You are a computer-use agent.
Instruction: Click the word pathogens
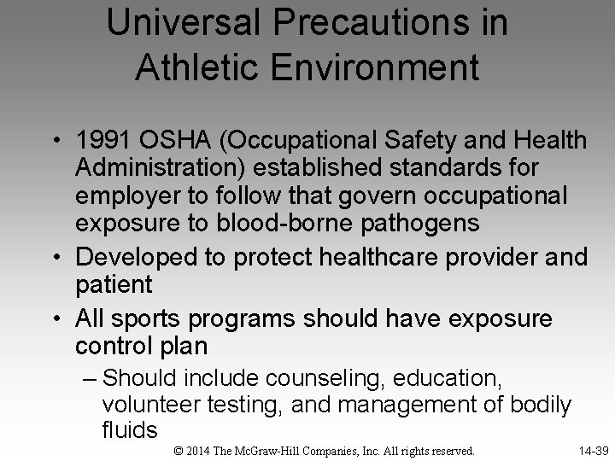407,223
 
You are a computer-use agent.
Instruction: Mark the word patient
113,283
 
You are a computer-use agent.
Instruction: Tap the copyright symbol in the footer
178,450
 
